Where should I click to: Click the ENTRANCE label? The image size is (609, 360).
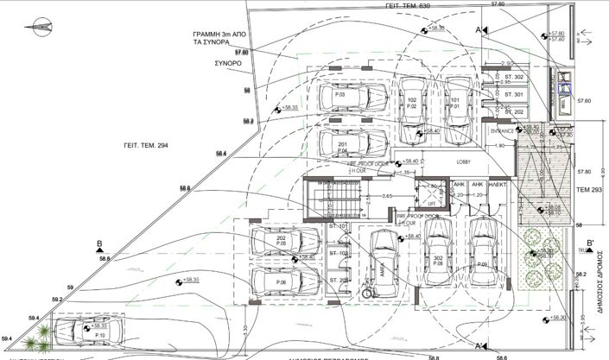(502, 131)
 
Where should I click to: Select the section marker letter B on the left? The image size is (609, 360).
(100, 243)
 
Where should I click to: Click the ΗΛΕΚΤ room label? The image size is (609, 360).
(498, 184)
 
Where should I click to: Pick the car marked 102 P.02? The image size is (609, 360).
(411, 108)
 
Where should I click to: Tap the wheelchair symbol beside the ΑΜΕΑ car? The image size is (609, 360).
(366, 292)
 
